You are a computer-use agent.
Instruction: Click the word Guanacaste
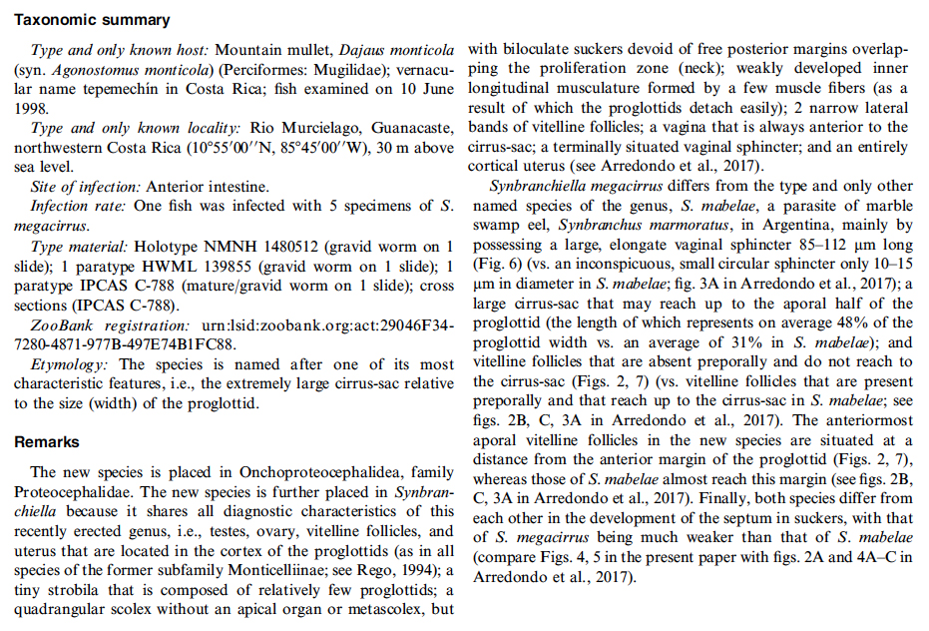coord(408,129)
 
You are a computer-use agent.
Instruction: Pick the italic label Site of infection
coord(86,187)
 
